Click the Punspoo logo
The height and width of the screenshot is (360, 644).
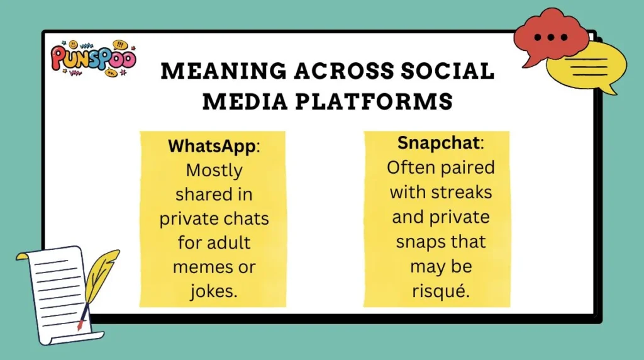point(92,58)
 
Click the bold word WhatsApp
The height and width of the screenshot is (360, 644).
point(212,147)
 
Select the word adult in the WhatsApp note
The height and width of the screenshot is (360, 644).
point(228,243)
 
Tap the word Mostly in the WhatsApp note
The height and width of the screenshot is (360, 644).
point(214,171)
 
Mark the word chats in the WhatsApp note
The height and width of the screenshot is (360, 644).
point(246,218)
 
